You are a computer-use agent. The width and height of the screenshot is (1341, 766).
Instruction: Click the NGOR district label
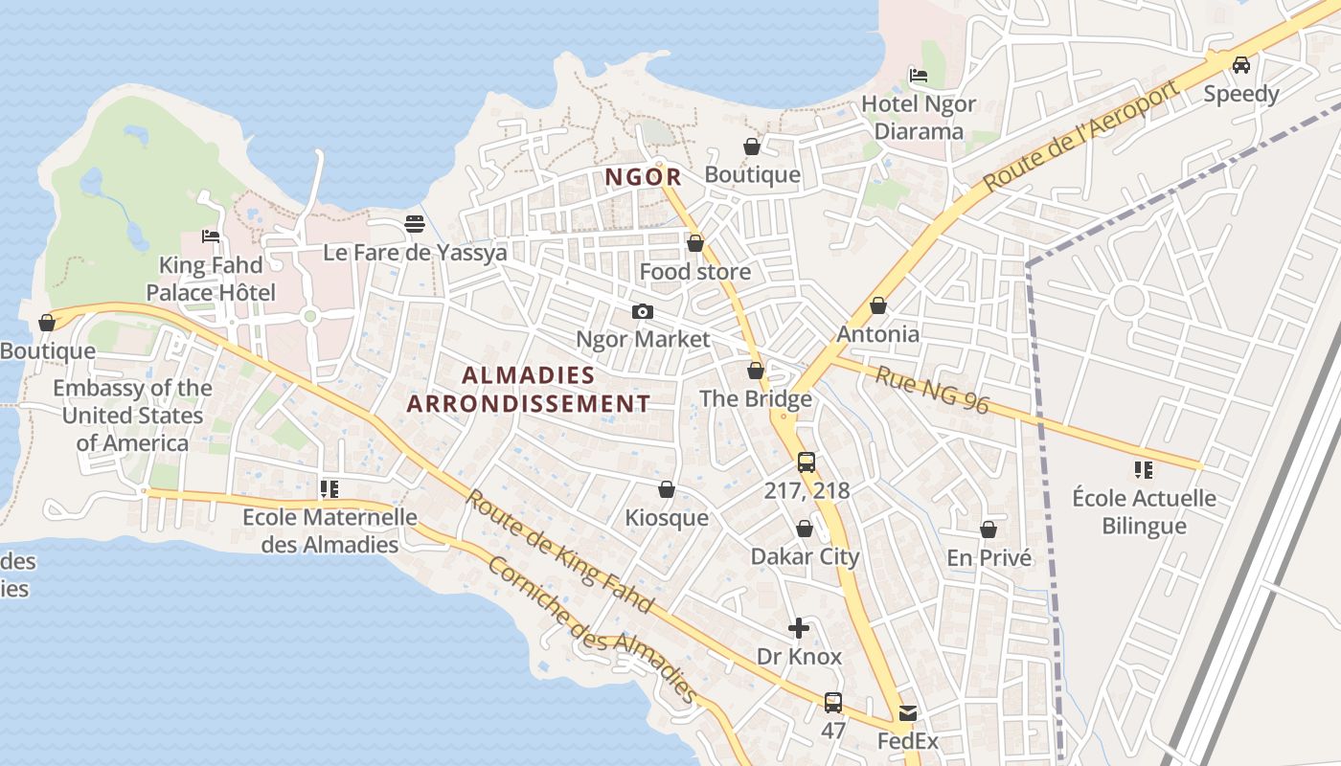tap(643, 177)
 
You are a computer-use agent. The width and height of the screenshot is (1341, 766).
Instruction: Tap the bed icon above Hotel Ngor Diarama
tap(918, 75)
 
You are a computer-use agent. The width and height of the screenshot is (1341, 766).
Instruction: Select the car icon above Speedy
tap(1241, 65)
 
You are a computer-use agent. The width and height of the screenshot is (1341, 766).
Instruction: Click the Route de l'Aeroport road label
tap(1080, 137)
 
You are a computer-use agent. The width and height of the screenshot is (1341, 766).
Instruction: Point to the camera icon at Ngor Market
tap(643, 311)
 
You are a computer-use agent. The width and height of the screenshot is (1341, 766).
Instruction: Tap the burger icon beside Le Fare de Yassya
tap(415, 224)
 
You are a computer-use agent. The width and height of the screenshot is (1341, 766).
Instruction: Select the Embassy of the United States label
tap(132, 416)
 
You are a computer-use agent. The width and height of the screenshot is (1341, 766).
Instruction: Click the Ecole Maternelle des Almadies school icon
tap(330, 489)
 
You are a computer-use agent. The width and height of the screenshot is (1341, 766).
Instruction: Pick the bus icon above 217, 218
tap(807, 462)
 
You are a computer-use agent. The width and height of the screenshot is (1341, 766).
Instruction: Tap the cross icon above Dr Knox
tap(799, 628)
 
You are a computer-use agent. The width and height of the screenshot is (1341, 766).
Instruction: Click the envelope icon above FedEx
tap(907, 713)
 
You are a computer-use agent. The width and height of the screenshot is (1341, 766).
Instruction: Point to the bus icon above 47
tap(833, 702)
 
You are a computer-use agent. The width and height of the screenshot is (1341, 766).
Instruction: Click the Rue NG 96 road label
tap(931, 389)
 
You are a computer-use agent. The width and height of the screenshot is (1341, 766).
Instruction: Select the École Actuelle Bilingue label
tap(1144, 511)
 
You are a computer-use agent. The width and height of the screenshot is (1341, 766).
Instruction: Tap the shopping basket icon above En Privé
tap(989, 529)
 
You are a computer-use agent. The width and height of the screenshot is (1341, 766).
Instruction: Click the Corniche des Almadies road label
tap(591, 630)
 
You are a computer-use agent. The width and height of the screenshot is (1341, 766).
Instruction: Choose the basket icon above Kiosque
tap(667, 490)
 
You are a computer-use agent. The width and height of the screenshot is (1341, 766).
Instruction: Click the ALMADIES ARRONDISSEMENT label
tap(529, 389)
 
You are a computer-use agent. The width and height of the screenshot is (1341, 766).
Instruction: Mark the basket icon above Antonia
tap(877, 306)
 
